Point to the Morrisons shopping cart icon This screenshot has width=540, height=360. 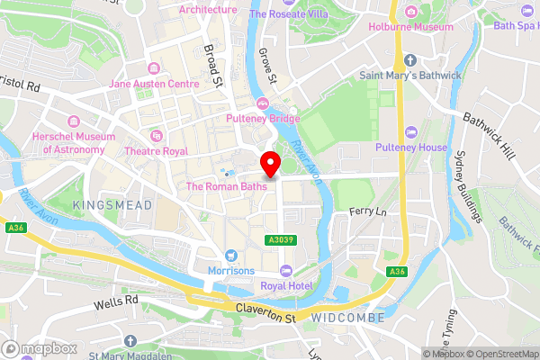[231, 256]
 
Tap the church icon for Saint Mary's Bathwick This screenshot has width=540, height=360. [410, 60]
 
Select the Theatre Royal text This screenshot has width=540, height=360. [162, 150]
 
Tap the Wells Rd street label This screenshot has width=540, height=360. [116, 302]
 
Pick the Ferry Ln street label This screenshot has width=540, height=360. [366, 211]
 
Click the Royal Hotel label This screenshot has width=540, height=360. [284, 287]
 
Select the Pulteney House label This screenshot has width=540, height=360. [411, 147]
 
